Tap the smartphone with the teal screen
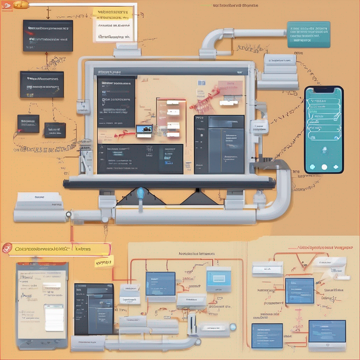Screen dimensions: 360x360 323,130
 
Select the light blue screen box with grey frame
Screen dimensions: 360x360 219,279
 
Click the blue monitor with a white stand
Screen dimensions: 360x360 327,332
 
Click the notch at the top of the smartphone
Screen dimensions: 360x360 324,89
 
